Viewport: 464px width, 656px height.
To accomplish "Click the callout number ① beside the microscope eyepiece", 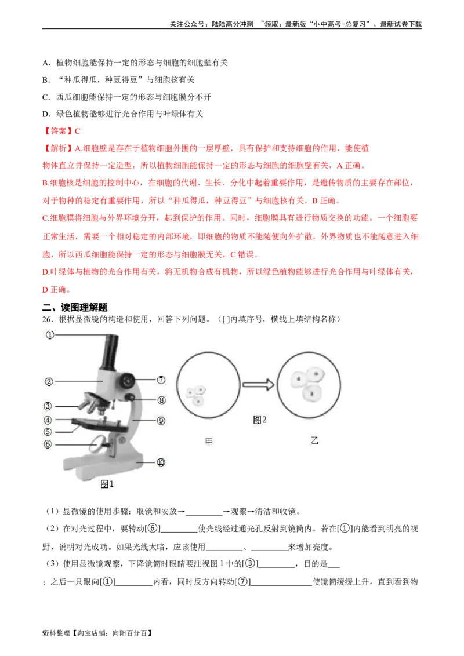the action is tap(50, 335).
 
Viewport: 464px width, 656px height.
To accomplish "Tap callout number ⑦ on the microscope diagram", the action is tap(161, 380).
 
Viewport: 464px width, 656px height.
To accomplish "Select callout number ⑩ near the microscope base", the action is tap(161, 462).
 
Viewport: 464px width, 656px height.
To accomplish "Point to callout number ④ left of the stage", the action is tap(48, 420).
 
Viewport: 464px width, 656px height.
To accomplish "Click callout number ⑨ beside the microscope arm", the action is tap(161, 421).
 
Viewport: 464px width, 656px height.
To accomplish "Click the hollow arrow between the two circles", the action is tap(258, 385).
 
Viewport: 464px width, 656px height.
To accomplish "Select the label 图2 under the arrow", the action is tap(260, 420).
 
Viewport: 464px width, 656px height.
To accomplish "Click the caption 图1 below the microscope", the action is tap(107, 484).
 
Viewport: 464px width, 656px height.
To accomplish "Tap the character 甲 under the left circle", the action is tap(209, 442).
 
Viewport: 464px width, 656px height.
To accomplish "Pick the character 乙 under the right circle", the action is tap(314, 440).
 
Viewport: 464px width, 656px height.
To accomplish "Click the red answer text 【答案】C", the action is tap(61, 132).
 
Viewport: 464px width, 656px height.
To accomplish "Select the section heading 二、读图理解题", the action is tap(75, 308).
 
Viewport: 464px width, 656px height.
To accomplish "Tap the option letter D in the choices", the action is tap(45, 114).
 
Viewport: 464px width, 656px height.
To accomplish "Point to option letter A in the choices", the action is tap(45, 63).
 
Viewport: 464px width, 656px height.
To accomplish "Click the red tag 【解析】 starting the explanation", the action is tap(58, 148).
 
